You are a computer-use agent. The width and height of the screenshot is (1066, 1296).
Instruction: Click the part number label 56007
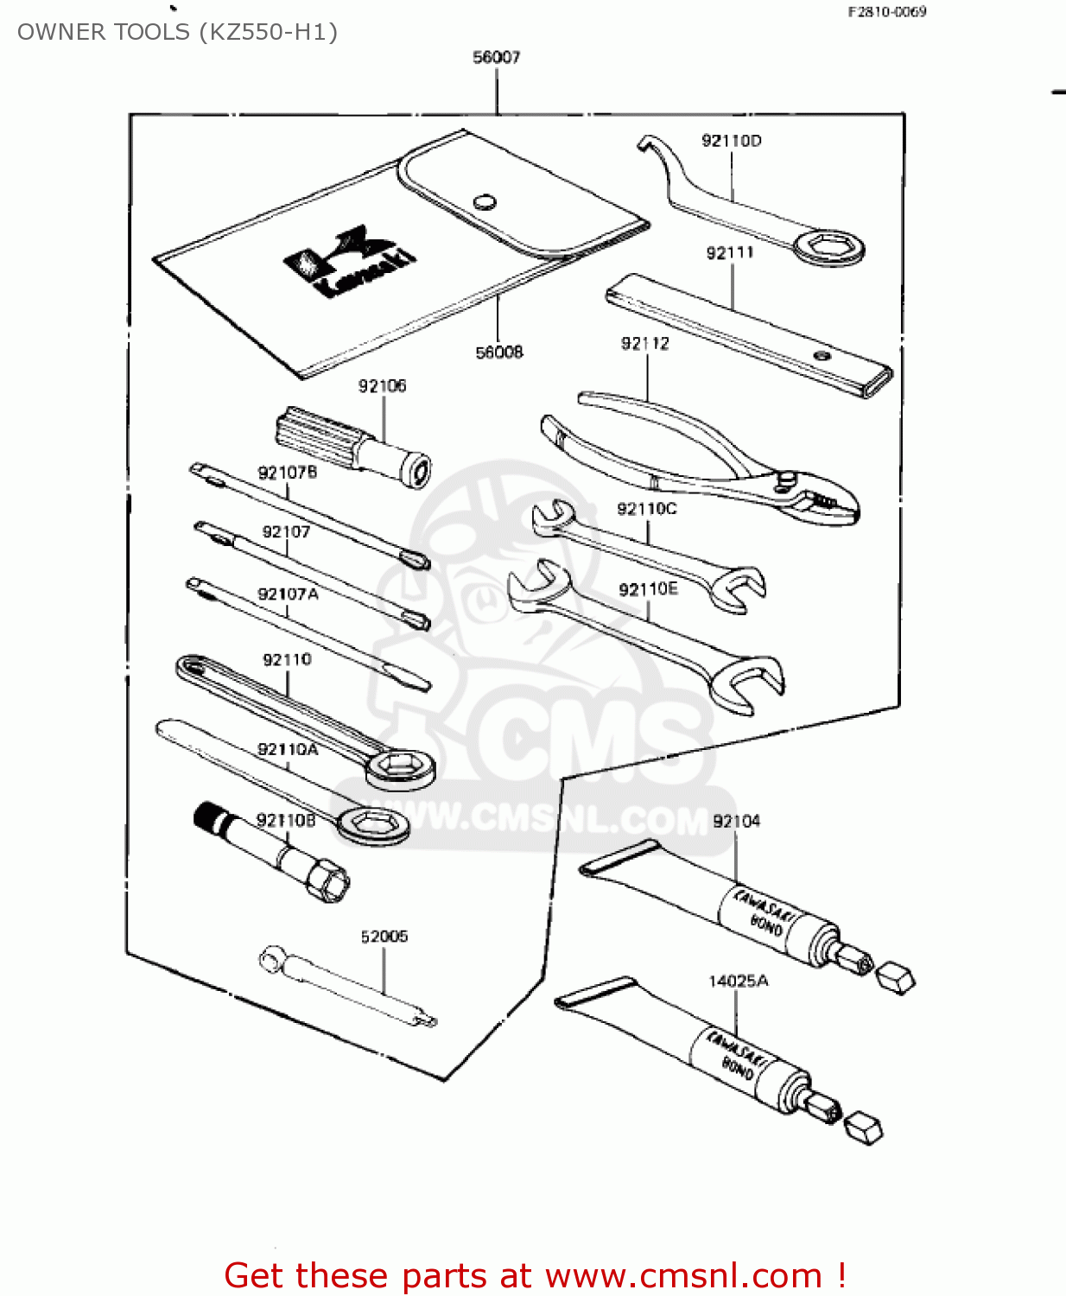click(496, 57)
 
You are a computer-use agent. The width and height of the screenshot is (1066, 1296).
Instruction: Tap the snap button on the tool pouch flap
click(485, 201)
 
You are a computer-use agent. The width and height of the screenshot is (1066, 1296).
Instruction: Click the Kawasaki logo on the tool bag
click(350, 262)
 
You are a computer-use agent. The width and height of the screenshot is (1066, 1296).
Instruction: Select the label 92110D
click(731, 141)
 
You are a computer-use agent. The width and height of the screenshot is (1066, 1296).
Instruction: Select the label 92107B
click(287, 473)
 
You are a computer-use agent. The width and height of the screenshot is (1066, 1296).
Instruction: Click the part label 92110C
click(646, 509)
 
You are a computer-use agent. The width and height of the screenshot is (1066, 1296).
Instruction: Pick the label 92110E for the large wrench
click(648, 589)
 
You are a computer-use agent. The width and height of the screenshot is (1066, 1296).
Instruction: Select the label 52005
click(384, 937)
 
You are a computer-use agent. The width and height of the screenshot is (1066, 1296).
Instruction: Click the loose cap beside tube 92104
click(895, 978)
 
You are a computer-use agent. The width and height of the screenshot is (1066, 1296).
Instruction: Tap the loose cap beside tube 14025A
click(862, 1128)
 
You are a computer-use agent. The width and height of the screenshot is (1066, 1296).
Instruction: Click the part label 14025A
click(738, 981)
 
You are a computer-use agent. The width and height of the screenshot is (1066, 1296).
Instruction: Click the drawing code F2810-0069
click(886, 12)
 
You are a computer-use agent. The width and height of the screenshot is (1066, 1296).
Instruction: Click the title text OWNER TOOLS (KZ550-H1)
click(177, 32)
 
